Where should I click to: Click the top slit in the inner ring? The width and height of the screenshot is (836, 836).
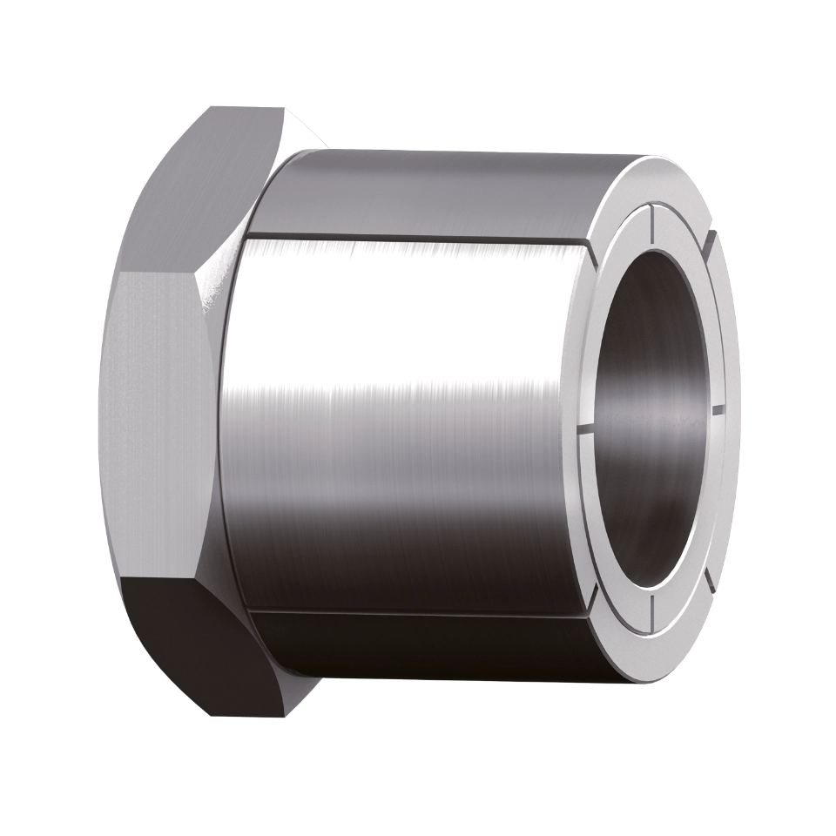pos(651,221)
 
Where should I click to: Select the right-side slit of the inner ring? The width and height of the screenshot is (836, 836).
pos(718,408)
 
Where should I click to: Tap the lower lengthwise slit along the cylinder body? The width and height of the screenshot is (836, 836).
pos(418,609)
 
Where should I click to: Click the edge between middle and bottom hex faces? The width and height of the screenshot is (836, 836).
pos(165,578)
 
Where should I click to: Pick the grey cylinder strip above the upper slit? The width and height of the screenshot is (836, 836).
pos(435,192)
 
